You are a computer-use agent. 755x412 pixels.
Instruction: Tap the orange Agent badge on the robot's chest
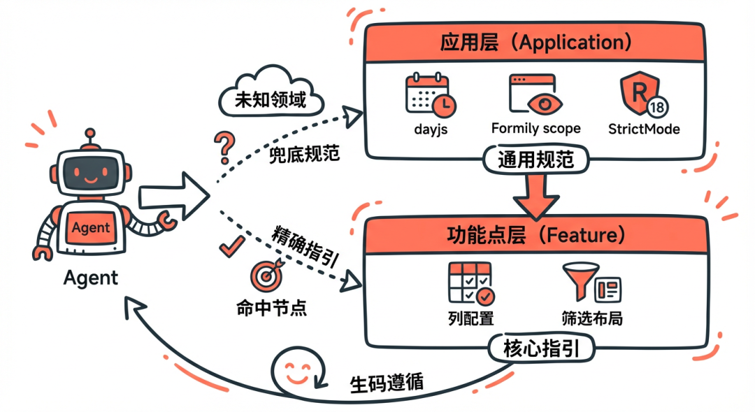[x=91, y=227]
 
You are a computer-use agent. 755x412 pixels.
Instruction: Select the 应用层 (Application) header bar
[x=535, y=43]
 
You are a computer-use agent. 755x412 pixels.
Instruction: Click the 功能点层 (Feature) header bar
[x=535, y=234]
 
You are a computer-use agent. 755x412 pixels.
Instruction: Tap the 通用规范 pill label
[x=535, y=160]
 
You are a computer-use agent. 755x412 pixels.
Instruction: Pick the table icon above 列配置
[x=470, y=284]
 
